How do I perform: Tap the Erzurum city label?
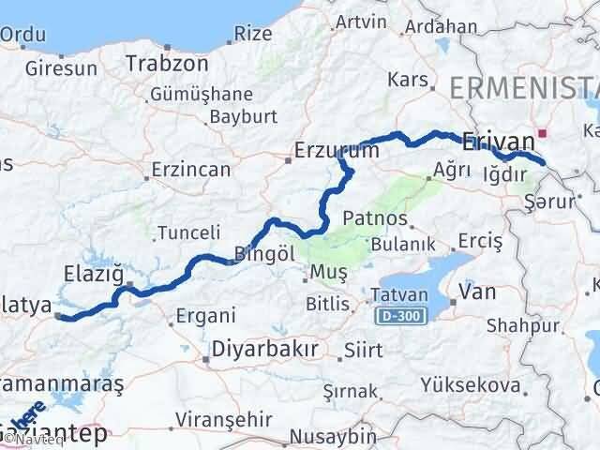(337, 150)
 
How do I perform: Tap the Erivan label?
(498, 141)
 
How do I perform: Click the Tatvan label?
(399, 294)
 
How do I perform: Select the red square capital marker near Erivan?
(542, 133)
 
